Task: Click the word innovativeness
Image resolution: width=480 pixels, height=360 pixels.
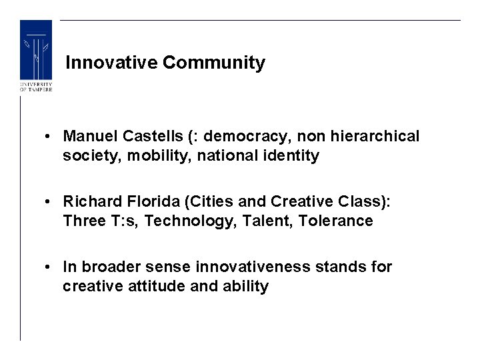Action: pyautogui.click(x=253, y=267)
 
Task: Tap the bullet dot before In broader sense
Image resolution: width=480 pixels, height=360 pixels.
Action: pyautogui.click(x=50, y=267)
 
